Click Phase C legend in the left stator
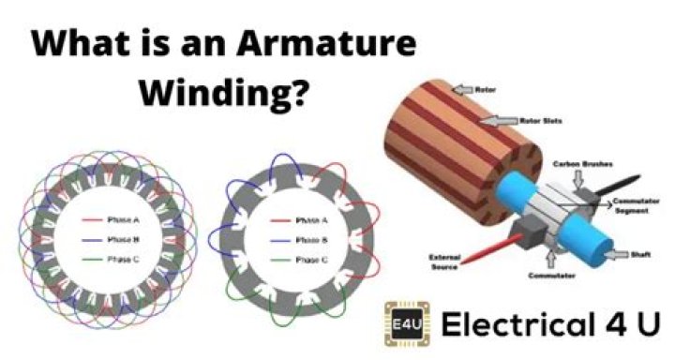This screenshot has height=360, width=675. click(125, 259)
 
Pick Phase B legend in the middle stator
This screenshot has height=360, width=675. click(310, 239)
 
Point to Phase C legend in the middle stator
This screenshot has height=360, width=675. click(310, 259)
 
